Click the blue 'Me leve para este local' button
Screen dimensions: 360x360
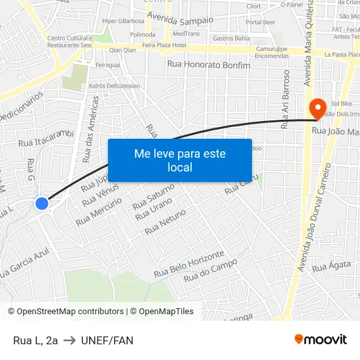179,160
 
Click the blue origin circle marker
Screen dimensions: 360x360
42,204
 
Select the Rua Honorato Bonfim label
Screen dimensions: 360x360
209,64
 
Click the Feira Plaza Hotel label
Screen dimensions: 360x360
164,46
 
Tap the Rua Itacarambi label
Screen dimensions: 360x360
45,137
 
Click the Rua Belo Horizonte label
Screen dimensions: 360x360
189,263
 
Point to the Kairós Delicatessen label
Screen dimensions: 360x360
115,86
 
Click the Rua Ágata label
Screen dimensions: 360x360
327,266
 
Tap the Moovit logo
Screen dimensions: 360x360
321,339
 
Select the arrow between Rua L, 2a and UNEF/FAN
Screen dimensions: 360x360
69,340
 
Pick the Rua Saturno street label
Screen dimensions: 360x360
153,197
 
